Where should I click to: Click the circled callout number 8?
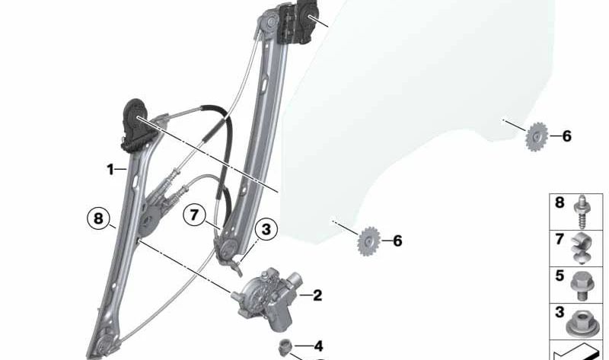(x=98, y=218)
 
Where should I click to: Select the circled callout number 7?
(x=194, y=215)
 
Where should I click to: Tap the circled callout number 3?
(x=266, y=229)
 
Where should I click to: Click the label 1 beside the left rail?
(x=110, y=169)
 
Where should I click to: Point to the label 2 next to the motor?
(x=317, y=295)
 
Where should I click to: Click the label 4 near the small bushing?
(x=318, y=346)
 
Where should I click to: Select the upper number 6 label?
(x=566, y=136)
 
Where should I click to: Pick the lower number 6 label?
(x=397, y=241)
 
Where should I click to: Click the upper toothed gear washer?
(x=537, y=137)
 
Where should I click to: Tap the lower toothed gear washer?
(x=368, y=241)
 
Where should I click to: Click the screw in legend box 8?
(x=582, y=212)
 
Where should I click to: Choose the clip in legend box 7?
(x=581, y=248)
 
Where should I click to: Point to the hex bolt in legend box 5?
(x=580, y=285)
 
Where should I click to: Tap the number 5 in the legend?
(x=560, y=276)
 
